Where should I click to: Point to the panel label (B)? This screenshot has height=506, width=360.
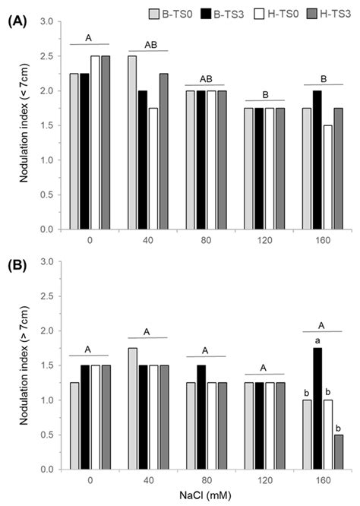17,265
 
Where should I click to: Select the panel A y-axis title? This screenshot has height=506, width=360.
22,125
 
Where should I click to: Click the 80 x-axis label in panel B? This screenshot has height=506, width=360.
205,480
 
